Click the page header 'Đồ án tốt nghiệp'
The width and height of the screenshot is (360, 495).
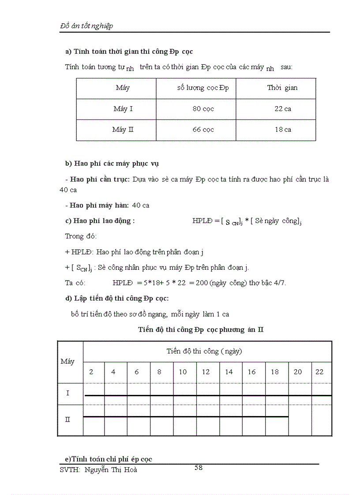coord(86,26)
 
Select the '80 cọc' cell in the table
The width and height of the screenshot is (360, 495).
coord(203,109)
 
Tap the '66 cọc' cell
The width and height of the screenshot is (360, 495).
coord(203,130)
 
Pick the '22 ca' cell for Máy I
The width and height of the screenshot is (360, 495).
coord(283,109)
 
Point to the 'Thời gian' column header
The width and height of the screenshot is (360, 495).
coord(282,88)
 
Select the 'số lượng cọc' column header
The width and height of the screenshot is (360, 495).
coord(203,88)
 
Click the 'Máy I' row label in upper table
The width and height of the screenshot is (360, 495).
coord(123,109)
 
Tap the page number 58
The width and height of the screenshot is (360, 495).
coord(199,468)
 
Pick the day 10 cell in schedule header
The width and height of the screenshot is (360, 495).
coord(183,372)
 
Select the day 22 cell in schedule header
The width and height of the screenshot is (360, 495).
coord(319,372)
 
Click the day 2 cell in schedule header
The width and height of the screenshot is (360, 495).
coord(91,372)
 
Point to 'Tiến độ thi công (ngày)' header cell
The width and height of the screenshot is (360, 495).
coord(204,351)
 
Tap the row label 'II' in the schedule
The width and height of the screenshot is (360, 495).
coord(67,420)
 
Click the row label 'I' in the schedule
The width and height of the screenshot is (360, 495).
coord(67,393)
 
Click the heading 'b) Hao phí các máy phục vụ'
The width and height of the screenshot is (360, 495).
coord(112,164)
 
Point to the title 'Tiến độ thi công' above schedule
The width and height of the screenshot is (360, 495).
coord(201,329)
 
